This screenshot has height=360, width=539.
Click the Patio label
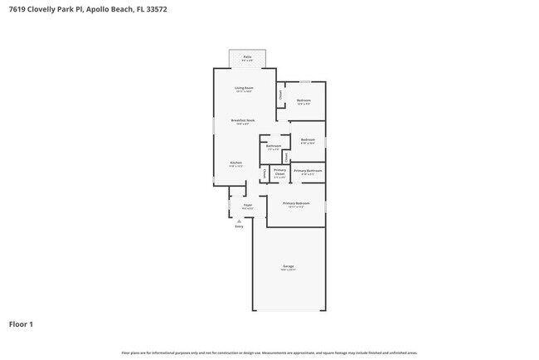click(247, 58)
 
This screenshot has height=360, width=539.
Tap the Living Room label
click(243, 88)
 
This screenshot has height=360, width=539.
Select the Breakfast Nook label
click(243, 121)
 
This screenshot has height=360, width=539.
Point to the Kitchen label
click(236, 163)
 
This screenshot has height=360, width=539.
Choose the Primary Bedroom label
click(296, 203)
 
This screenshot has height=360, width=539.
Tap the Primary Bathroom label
click(308, 171)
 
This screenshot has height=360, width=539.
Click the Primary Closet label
click(279, 173)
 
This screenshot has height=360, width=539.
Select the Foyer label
click(247, 205)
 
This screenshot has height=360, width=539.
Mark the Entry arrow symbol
click(240, 221)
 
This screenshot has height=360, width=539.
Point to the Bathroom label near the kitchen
click(274, 146)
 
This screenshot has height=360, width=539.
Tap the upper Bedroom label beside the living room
click(303, 101)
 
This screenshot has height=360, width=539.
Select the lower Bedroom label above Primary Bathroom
click(308, 139)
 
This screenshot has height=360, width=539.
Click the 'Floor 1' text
click(21, 324)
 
